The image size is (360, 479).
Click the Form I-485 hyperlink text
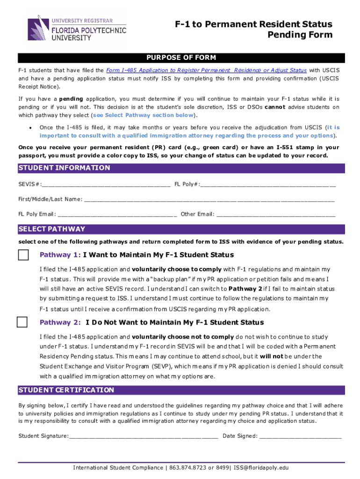click(206, 70)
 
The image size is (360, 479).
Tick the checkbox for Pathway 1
click(23, 255)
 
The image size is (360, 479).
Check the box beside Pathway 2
click(22, 322)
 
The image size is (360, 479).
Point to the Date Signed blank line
click(300, 436)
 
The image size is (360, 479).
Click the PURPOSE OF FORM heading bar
click(181, 58)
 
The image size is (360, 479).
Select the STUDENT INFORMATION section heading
click(64, 168)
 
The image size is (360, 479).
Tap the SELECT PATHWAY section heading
click(52, 229)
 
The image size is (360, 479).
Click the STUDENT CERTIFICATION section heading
click(66, 390)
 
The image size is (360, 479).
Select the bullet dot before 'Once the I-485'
click(30, 128)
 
